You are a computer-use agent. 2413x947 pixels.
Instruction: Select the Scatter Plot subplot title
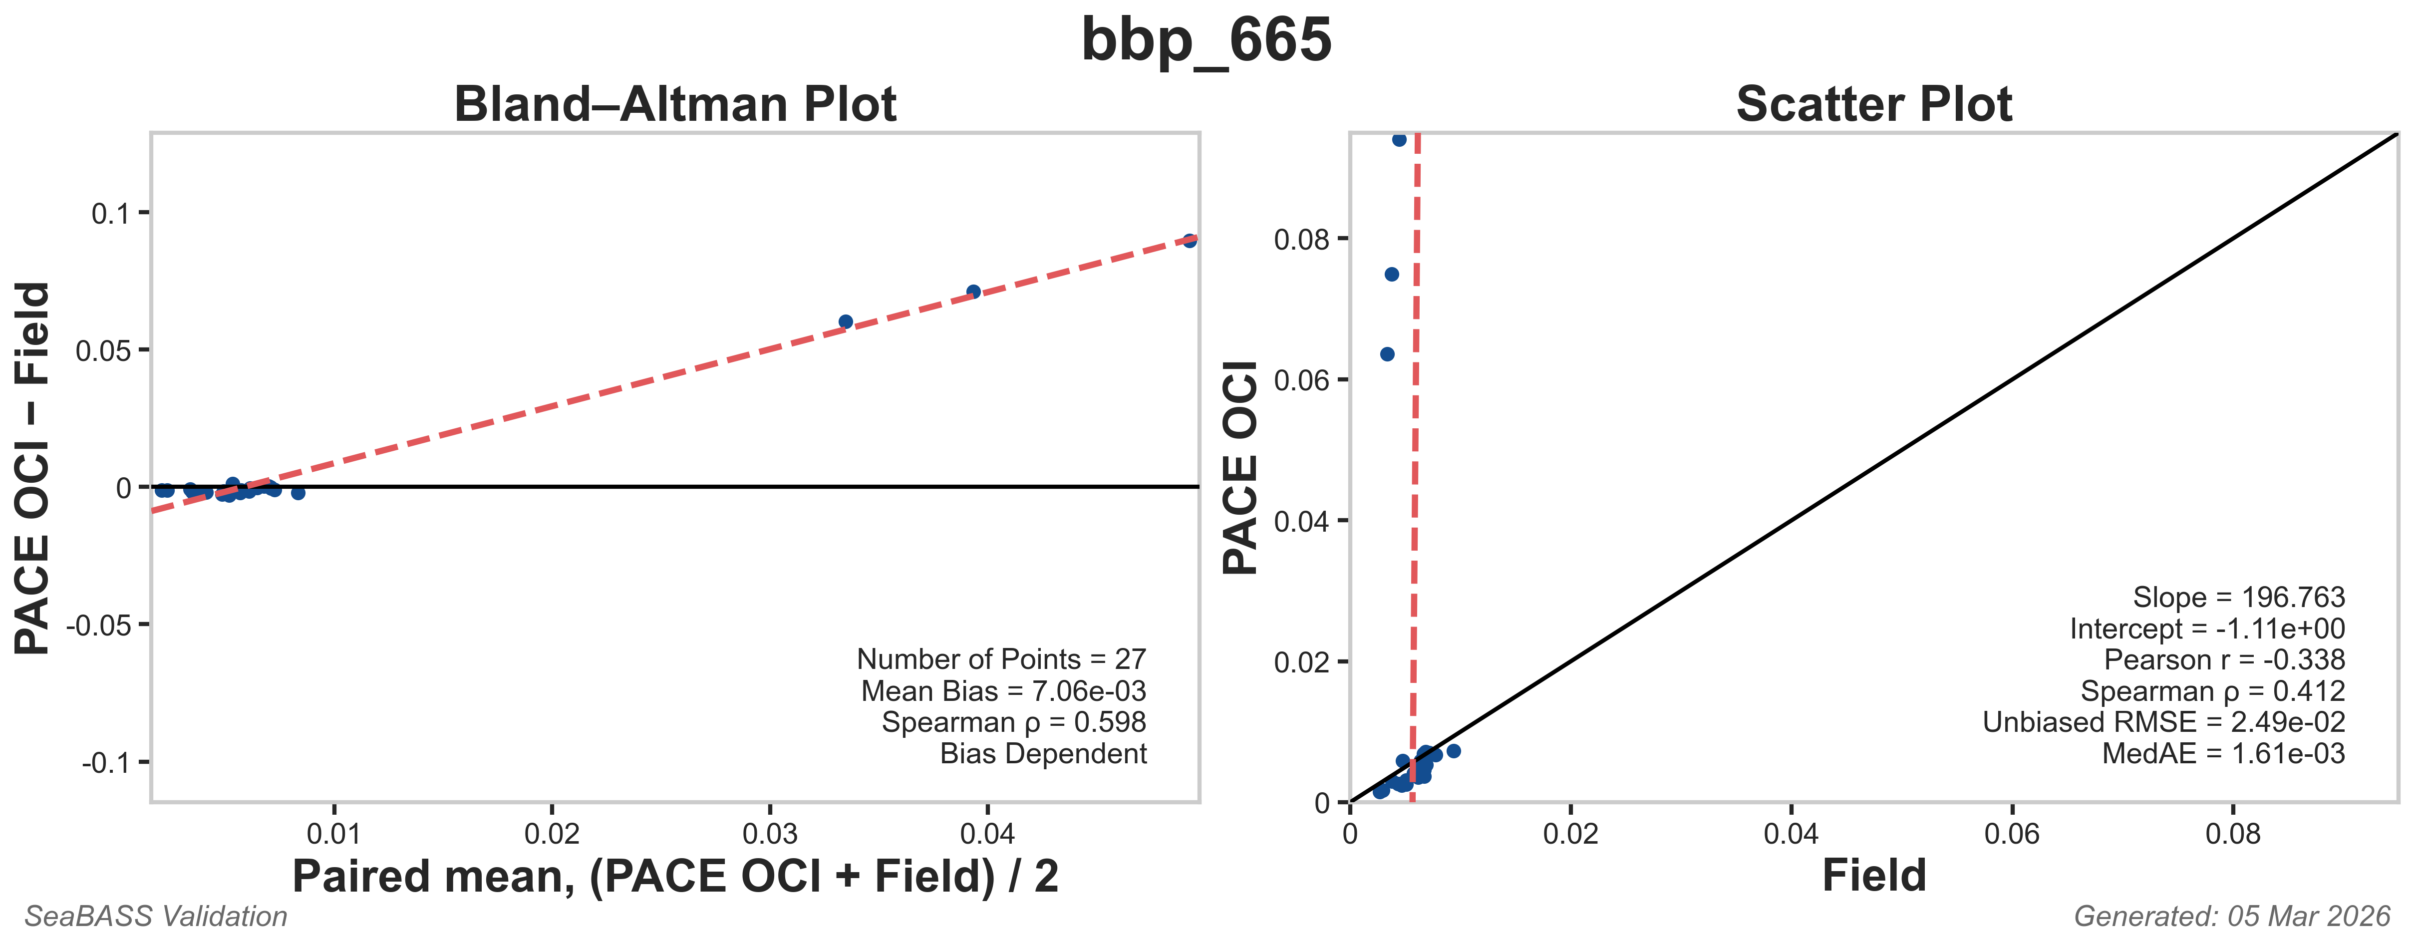point(1873,104)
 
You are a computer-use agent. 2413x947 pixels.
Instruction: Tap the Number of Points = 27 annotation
point(1000,659)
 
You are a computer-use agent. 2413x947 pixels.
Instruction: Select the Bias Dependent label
point(1043,754)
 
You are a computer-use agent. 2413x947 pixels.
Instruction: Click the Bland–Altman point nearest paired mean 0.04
point(973,292)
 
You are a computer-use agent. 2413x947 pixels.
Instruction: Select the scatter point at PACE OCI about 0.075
point(1392,275)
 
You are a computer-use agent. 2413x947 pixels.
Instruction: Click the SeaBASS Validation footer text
point(156,916)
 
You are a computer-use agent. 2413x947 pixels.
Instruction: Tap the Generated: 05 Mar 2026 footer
point(2231,916)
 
